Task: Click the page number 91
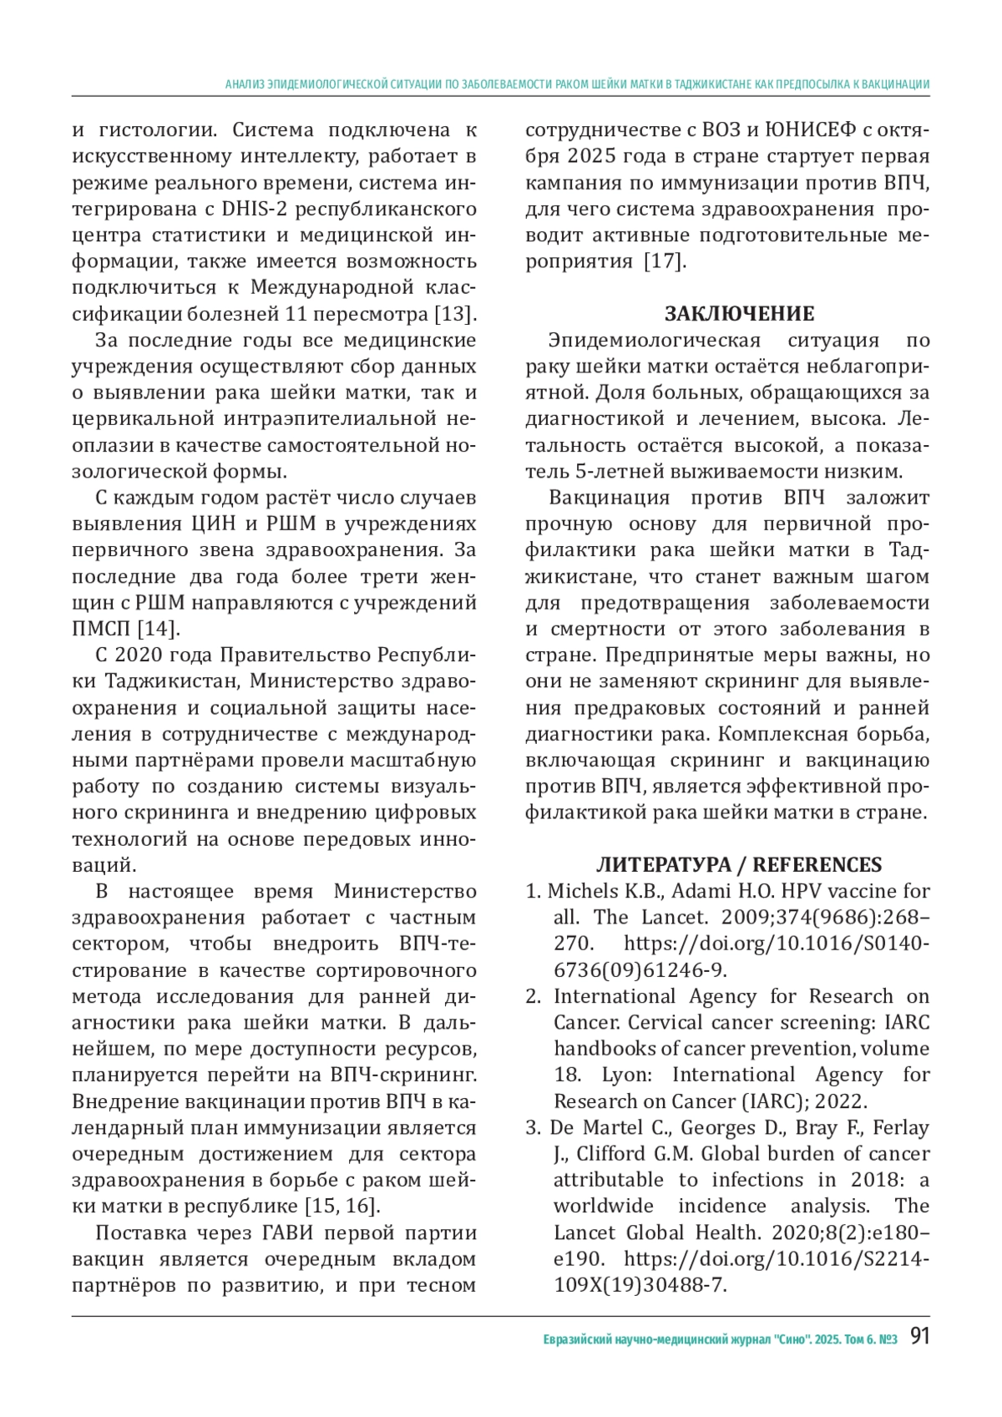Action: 918,1337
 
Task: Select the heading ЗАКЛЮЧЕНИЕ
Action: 739,314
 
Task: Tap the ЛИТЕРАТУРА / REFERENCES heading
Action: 739,865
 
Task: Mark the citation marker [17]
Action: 665,261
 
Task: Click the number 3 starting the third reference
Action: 532,1128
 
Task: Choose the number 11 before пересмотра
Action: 296,314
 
